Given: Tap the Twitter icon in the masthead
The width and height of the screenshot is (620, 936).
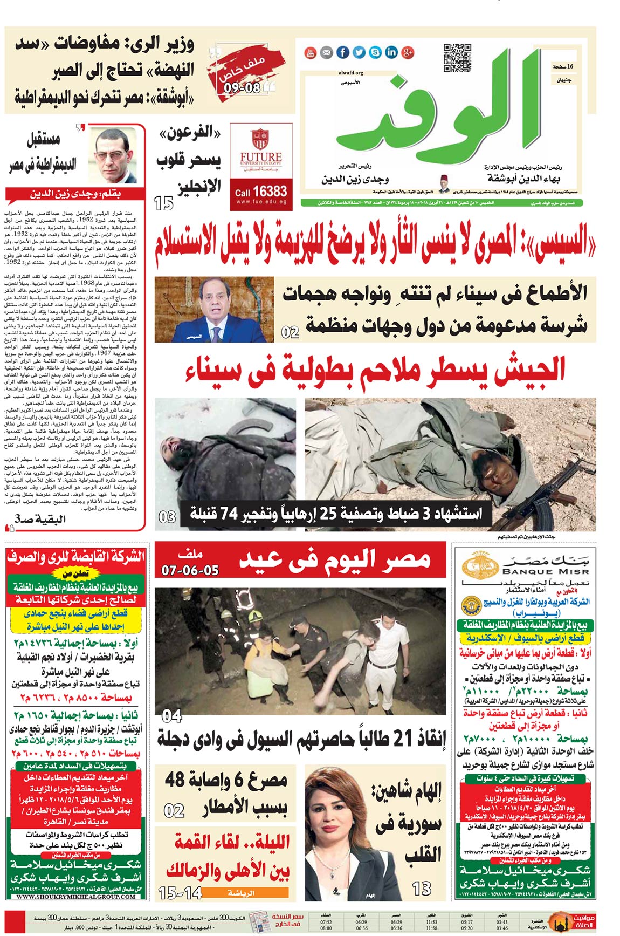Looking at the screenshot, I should pyautogui.click(x=359, y=52).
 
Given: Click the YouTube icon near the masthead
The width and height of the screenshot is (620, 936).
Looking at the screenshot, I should pyautogui.click(x=311, y=52).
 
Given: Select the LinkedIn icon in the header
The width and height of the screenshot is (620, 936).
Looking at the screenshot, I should pyautogui.click(x=391, y=52).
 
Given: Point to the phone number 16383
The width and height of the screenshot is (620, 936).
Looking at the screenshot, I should pyautogui.click(x=269, y=192).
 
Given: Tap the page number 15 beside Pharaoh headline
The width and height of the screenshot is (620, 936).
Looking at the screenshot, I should pyautogui.click(x=163, y=204).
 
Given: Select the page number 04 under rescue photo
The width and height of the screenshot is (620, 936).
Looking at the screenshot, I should pyautogui.click(x=172, y=716).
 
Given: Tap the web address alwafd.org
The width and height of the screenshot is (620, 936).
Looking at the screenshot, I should pyautogui.click(x=351, y=72).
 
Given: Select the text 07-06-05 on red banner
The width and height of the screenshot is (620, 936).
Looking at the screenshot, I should pyautogui.click(x=190, y=570).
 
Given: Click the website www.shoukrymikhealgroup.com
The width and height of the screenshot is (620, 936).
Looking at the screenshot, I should pyautogui.click(x=75, y=897).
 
